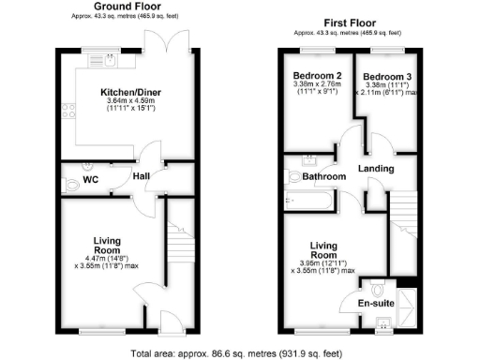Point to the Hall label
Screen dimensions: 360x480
[x=142, y=175]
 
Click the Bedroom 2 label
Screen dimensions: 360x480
[x=315, y=76]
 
